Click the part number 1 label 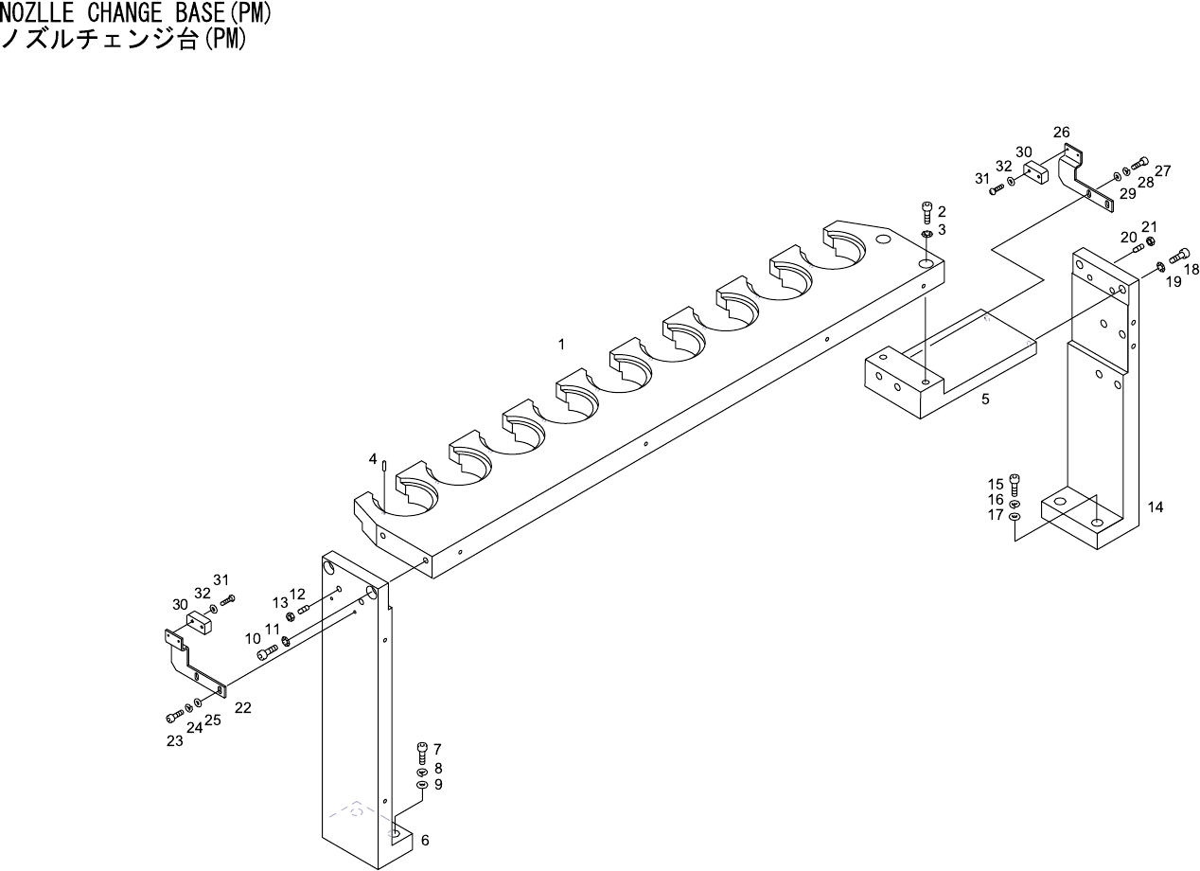[x=561, y=345]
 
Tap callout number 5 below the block [x=985, y=400]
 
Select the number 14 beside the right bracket [x=1156, y=507]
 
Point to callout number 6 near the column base [x=425, y=840]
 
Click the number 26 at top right [x=1061, y=132]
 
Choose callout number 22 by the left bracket [x=243, y=707]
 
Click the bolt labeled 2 [x=927, y=211]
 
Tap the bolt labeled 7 [x=422, y=753]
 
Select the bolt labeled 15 [x=1015, y=485]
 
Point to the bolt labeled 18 [x=1180, y=255]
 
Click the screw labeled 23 [x=173, y=717]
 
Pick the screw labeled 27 [x=1139, y=164]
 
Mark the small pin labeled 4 [x=385, y=465]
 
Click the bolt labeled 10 [x=268, y=650]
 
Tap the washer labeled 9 [x=422, y=785]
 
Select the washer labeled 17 [x=1015, y=516]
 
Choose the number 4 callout [x=373, y=458]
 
